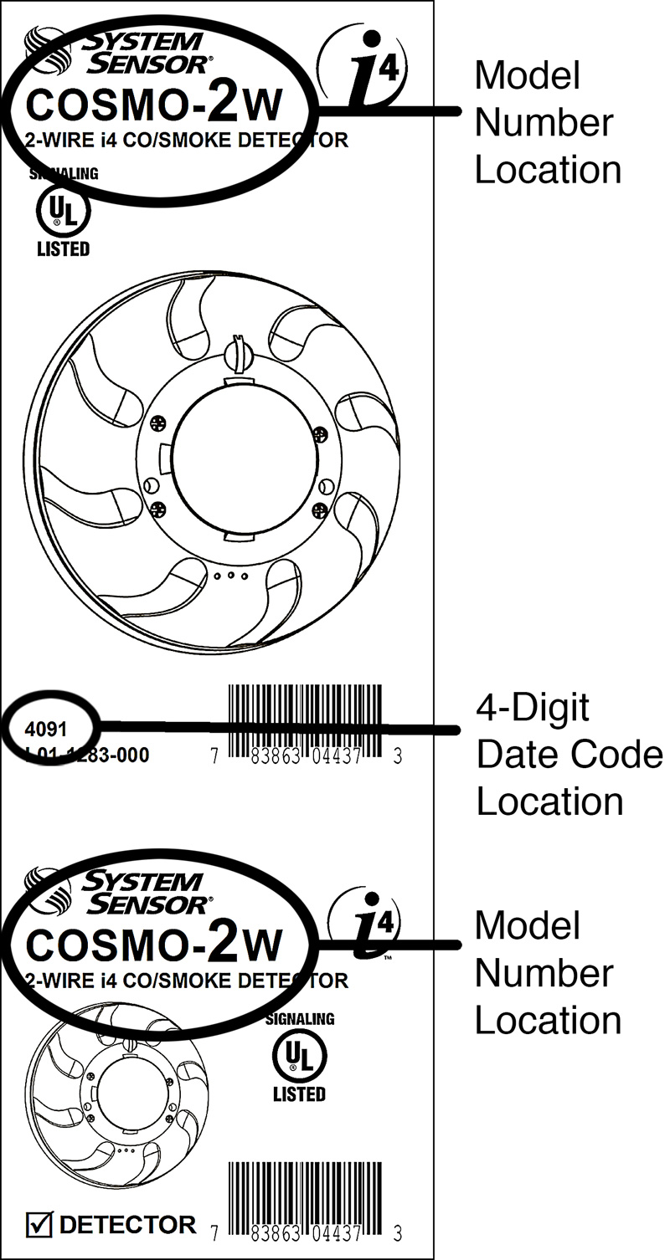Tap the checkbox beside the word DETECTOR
(x=39, y=1226)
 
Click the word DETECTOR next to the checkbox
(x=128, y=1226)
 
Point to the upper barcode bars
(x=306, y=720)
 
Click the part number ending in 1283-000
(x=87, y=755)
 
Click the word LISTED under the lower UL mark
(x=299, y=1094)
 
